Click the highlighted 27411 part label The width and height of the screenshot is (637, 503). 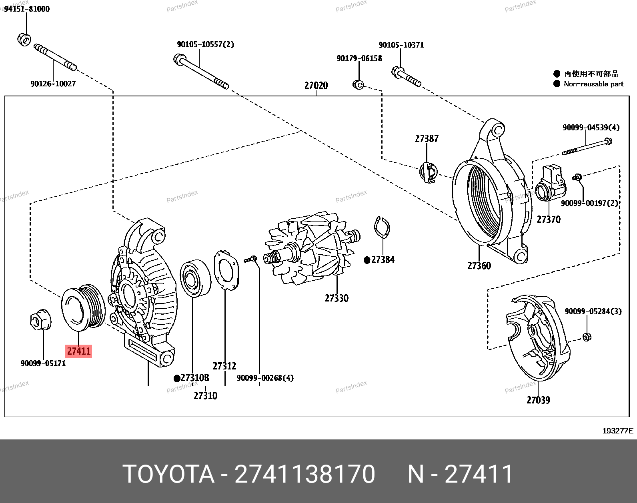tap(79, 351)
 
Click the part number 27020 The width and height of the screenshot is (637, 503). tap(316, 85)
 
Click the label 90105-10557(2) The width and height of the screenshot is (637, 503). tap(205, 44)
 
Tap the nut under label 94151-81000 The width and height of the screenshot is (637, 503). tap(24, 39)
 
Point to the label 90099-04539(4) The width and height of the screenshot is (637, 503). tap(591, 128)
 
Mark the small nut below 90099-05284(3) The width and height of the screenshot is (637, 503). tap(587, 337)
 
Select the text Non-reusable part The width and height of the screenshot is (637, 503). tap(593, 84)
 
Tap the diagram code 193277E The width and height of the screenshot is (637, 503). tap(618, 431)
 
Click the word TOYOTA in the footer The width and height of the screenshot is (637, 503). tap(168, 474)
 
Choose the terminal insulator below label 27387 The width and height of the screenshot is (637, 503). tap(427, 172)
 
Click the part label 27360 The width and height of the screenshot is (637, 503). tap(479, 265)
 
